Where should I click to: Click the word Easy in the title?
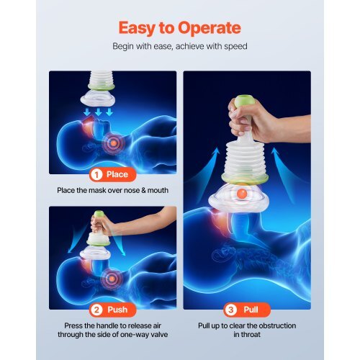point(135,28)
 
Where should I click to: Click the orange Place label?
point(117,174)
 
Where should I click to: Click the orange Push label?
point(117,310)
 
